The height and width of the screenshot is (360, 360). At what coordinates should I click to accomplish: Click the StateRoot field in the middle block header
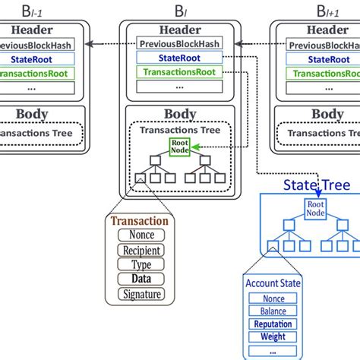180,58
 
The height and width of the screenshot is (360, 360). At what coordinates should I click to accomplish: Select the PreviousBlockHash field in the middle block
180,43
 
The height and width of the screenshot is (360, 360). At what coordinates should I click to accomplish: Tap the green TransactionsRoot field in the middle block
180,72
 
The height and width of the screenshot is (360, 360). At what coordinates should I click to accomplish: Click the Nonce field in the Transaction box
141,235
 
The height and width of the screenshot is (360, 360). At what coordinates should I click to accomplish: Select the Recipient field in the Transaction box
141,250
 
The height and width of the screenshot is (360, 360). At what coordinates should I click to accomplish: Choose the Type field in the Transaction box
141,264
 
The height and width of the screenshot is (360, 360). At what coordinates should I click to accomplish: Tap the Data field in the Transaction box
141,279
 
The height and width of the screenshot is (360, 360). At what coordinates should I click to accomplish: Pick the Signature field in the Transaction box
141,293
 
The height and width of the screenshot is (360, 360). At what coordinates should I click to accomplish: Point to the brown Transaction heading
141,221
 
